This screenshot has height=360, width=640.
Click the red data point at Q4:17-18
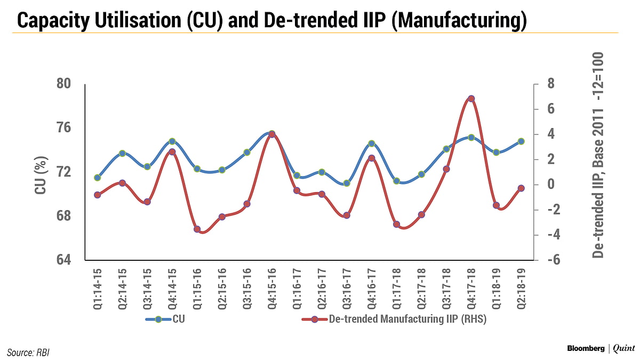click(x=471, y=99)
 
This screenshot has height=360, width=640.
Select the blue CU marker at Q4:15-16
click(x=271, y=133)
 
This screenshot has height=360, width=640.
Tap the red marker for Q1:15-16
click(x=197, y=229)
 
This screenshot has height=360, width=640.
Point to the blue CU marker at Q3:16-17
click(x=347, y=183)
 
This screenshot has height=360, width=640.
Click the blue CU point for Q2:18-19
click(x=521, y=141)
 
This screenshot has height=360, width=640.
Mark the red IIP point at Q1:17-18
click(x=396, y=225)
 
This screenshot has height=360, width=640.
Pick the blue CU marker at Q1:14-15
click(x=97, y=178)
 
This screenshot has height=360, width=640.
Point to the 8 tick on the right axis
click(x=549, y=84)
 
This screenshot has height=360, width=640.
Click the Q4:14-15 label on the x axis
click(x=172, y=286)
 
